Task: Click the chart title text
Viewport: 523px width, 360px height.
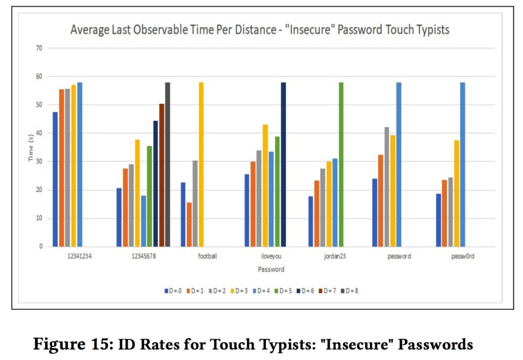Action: (260, 30)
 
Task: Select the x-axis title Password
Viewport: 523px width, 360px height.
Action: (271, 269)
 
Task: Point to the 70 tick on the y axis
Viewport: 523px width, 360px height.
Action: (39, 48)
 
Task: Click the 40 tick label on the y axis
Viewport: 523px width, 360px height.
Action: (39, 133)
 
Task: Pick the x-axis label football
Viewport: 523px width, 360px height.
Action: (207, 256)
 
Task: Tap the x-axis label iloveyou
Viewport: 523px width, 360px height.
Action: (271, 256)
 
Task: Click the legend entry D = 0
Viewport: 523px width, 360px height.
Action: (173, 291)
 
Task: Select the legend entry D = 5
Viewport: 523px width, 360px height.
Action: (284, 291)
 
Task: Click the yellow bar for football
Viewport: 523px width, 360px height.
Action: (201, 165)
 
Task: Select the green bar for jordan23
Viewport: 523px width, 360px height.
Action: (341, 165)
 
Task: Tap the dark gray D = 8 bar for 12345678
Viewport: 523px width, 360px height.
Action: (168, 165)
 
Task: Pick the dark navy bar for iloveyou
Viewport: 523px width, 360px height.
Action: (283, 165)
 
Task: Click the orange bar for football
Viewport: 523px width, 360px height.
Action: (189, 225)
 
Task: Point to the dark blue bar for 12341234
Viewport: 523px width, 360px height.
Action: (55, 179)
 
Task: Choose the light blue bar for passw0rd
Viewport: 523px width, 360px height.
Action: (462, 165)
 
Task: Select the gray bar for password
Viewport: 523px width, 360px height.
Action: (387, 187)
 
